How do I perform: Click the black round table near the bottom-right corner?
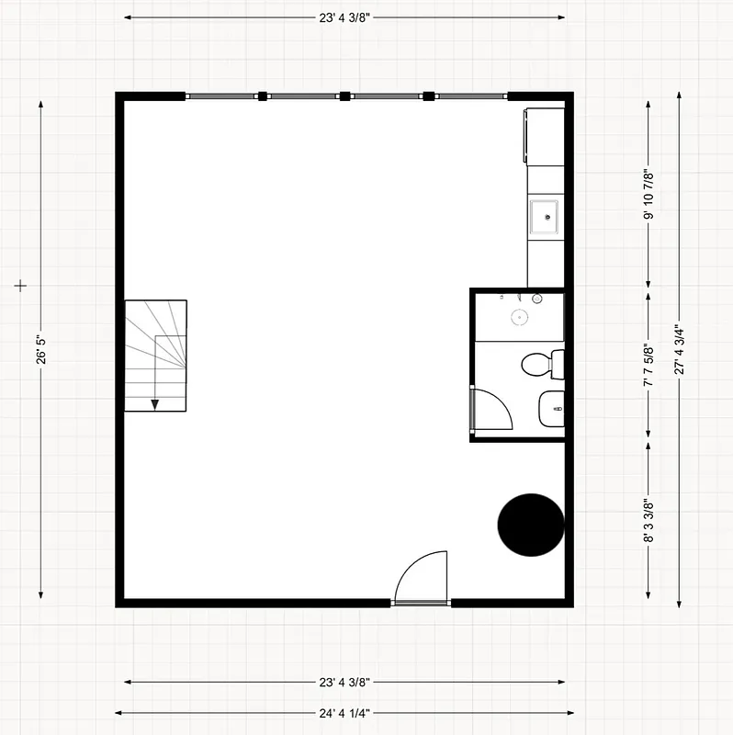(531, 525)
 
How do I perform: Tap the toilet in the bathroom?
(541, 364)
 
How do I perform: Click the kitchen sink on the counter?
(546, 218)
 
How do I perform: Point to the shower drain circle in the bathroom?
(520, 317)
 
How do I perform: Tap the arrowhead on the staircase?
(155, 403)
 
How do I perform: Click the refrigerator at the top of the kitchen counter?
(545, 136)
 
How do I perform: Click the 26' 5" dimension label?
(41, 350)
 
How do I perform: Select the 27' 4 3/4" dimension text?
(679, 349)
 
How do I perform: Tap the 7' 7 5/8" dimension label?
(648, 365)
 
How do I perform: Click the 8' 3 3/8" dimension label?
(648, 520)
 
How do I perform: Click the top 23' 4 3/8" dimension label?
(344, 17)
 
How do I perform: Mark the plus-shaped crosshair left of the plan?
(21, 287)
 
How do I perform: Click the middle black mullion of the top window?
(345, 96)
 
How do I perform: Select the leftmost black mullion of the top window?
(263, 96)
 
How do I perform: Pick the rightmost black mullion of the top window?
(427, 96)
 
